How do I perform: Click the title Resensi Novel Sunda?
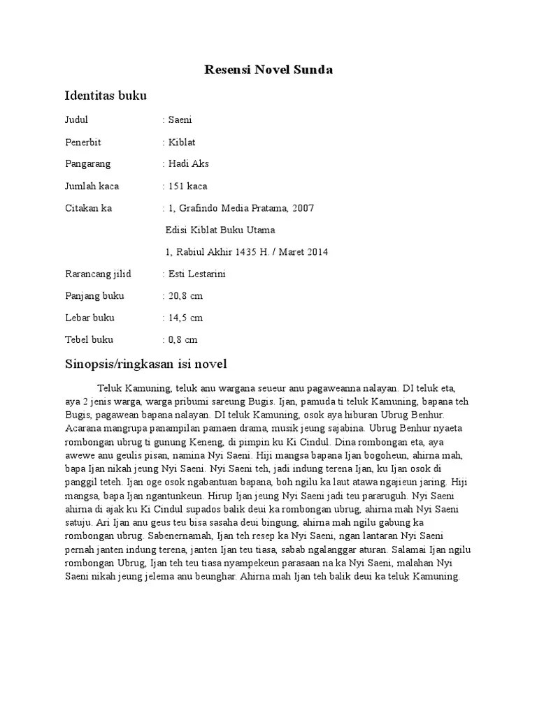click(268, 69)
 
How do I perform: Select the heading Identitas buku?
click(106, 95)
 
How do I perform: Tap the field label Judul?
click(76, 120)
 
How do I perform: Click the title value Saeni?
click(180, 120)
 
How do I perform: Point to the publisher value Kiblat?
click(182, 142)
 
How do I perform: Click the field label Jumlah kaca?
click(92, 186)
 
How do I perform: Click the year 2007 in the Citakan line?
click(303, 208)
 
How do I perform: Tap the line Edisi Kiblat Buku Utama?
click(220, 230)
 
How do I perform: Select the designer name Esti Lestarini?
click(197, 274)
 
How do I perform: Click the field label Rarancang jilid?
click(98, 274)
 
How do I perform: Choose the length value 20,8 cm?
click(185, 296)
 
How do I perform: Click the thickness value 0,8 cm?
click(182, 340)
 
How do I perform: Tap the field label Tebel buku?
click(89, 340)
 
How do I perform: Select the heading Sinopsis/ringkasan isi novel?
click(146, 364)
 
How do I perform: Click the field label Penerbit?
click(83, 142)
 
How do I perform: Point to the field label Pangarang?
click(87, 164)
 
